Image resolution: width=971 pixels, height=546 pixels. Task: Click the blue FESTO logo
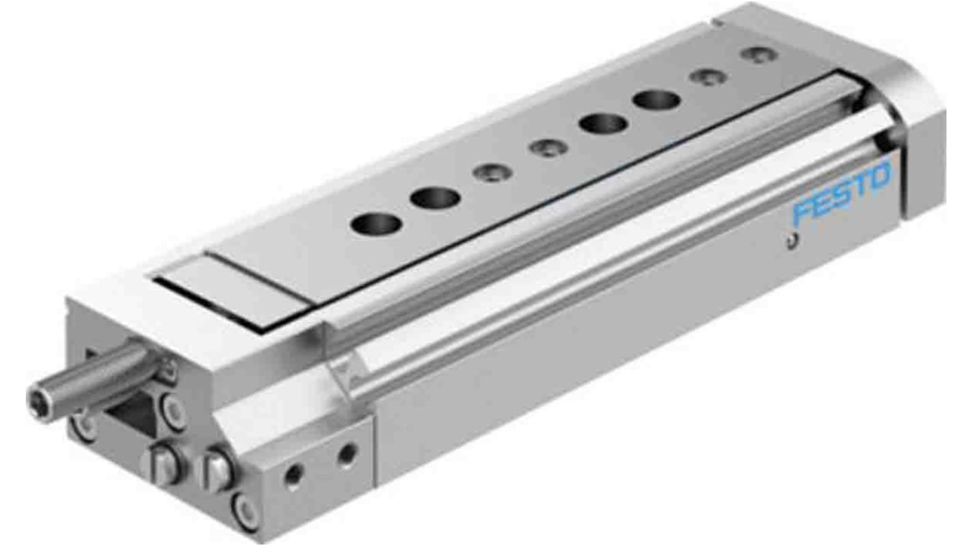coord(842,192)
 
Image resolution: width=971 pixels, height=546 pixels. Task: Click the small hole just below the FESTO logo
coord(791,240)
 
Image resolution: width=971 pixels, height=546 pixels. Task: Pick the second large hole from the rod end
coord(435,198)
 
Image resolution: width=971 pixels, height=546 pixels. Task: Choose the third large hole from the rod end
coord(604,125)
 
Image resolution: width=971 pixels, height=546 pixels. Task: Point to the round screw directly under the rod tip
coord(84,424)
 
